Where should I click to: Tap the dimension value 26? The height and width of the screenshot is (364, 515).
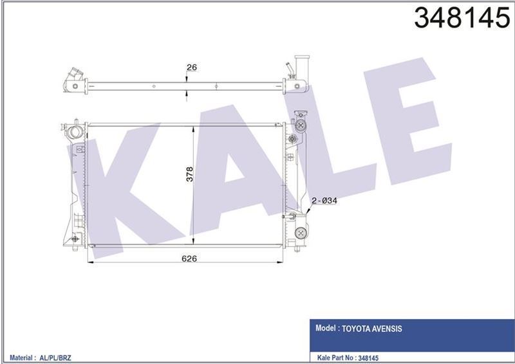pos(191,67)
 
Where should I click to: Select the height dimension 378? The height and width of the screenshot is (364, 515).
pos(189,174)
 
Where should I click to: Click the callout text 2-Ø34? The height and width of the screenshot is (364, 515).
pos(325,201)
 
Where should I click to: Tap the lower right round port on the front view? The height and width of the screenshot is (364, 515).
pos(299,233)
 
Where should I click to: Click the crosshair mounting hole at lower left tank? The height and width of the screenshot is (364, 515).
pos(75,239)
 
